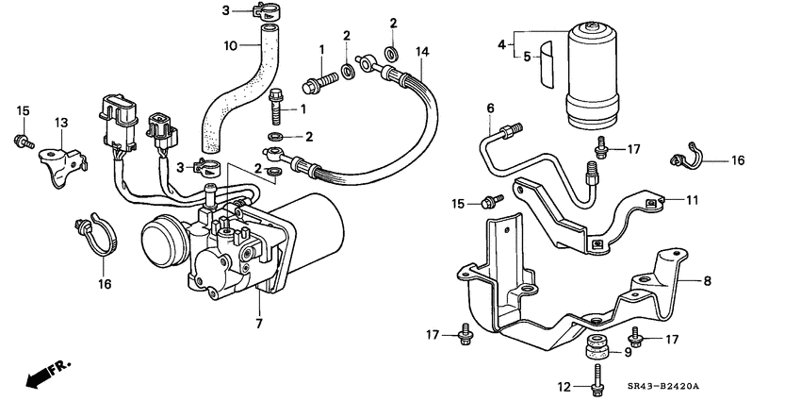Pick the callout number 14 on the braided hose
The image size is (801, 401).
click(421, 49)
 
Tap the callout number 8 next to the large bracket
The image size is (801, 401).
click(705, 279)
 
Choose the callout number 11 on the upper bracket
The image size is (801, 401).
click(693, 199)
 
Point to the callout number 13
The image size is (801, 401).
click(61, 123)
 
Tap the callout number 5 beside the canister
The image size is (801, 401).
click(529, 56)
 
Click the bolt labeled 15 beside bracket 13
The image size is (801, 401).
click(20, 142)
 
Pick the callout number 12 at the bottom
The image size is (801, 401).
click(564, 386)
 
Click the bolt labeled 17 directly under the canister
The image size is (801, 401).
click(598, 146)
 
